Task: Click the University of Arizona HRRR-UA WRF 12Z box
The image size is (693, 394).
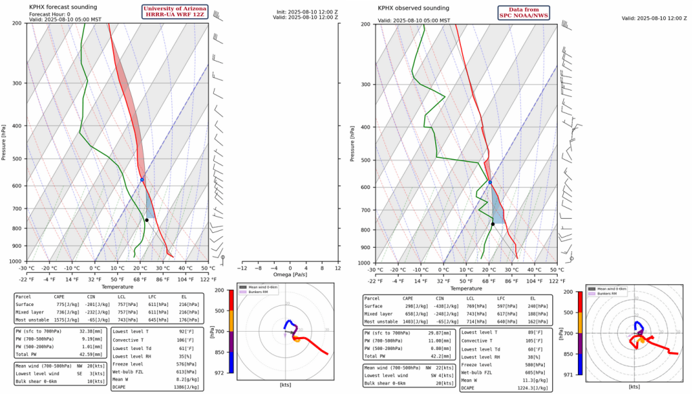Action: [x=175, y=12]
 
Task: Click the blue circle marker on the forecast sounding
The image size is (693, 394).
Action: [x=142, y=179]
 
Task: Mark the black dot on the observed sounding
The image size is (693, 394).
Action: [x=493, y=224]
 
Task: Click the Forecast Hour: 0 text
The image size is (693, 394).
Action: [x=50, y=14]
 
